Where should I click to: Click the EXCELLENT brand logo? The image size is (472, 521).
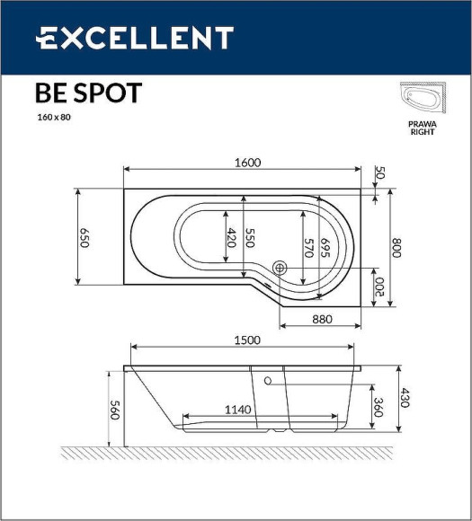(135, 38)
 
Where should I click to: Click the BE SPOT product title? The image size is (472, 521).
(87, 93)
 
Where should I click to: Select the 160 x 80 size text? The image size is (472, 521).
(54, 118)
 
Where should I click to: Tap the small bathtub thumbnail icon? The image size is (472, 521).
(422, 99)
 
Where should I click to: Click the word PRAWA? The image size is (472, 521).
(422, 124)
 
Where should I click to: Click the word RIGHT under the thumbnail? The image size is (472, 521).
(422, 132)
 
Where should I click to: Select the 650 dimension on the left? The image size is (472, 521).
(85, 238)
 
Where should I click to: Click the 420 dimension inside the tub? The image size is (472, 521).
(230, 238)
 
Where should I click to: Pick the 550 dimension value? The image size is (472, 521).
(251, 238)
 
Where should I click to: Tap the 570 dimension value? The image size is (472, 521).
(307, 248)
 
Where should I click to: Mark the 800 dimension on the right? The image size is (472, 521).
(395, 248)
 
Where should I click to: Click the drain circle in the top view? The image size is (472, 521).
(280, 267)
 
